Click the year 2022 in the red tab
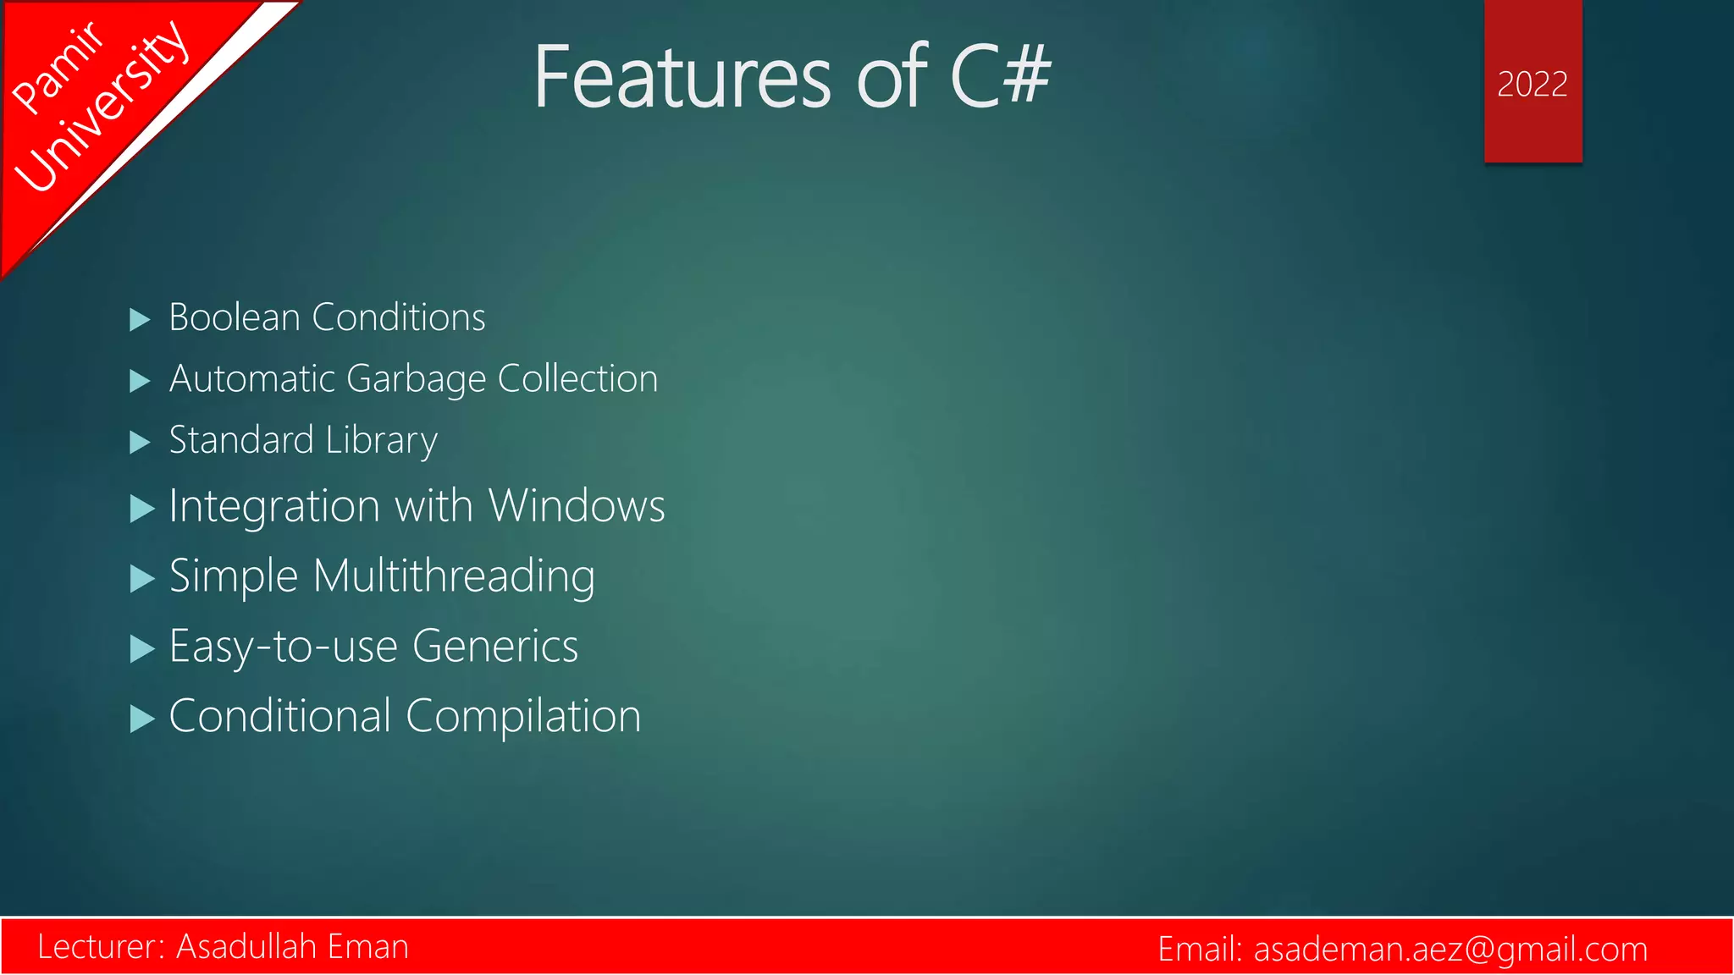1532,85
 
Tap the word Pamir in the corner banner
58,68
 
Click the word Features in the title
682,78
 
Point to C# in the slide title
1000,78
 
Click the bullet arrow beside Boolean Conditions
140,320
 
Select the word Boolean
235,317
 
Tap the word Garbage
416,379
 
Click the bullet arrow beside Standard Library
140,443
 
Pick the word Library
381,441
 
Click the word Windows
577,506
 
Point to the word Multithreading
454,577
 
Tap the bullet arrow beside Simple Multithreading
142,580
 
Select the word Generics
495,647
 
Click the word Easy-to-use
284,647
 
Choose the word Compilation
523,717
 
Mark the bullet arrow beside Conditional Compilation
142,719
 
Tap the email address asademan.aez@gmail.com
1450,949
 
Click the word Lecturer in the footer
101,946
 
